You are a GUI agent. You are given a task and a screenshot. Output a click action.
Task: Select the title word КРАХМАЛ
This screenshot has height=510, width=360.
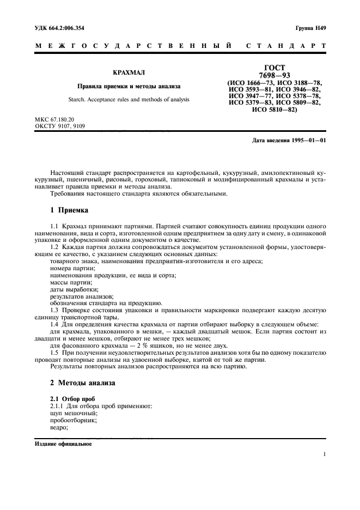[125, 72]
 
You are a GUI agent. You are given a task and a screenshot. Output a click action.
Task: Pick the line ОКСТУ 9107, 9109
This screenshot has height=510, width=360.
[60, 125]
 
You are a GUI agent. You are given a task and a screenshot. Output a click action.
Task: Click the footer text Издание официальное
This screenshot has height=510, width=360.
[63, 443]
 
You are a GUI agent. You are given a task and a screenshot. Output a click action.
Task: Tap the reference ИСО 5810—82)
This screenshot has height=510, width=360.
[274, 109]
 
